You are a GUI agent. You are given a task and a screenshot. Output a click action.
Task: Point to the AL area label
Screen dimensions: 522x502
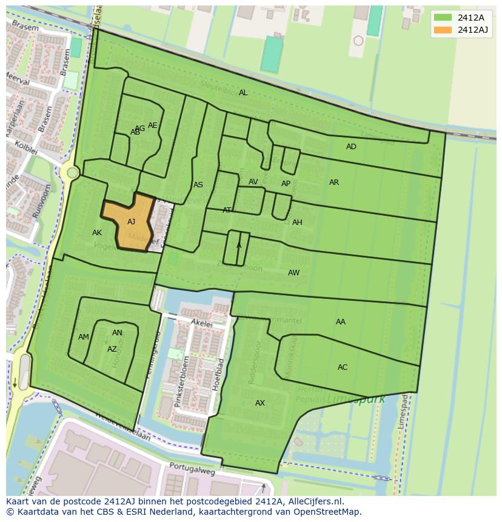pyautogui.click(x=243, y=93)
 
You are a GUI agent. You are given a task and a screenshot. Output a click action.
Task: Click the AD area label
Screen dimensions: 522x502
pyautogui.click(x=351, y=147)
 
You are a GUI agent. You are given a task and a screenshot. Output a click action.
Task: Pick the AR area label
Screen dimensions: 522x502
pyautogui.click(x=334, y=182)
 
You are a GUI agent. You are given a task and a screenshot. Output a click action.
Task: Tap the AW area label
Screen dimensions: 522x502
pyautogui.click(x=293, y=273)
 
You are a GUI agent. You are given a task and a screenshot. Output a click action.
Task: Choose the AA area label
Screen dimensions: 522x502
pyautogui.click(x=341, y=322)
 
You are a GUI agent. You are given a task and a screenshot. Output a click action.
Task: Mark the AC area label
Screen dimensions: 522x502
pyautogui.click(x=343, y=367)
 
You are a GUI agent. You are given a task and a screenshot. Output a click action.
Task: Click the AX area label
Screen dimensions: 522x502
pyautogui.click(x=260, y=403)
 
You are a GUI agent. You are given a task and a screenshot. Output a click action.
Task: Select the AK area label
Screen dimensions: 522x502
pyautogui.click(x=97, y=233)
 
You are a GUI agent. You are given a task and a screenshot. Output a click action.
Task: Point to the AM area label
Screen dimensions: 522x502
pyautogui.click(x=84, y=337)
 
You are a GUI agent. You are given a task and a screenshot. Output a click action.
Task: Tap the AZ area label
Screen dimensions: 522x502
pyautogui.click(x=112, y=349)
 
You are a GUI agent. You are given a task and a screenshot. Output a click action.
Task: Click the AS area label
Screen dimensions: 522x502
pyautogui.click(x=198, y=185)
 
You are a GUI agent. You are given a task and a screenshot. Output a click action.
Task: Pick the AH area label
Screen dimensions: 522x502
pyautogui.click(x=297, y=223)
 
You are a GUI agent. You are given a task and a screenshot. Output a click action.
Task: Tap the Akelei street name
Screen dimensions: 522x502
pyautogui.click(x=201, y=324)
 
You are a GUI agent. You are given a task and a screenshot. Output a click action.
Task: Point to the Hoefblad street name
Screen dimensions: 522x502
pyautogui.click(x=221, y=373)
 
